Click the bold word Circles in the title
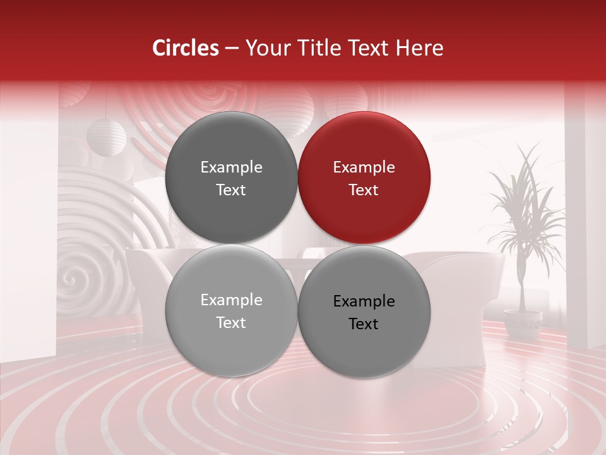tap(186, 48)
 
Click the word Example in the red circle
tap(364, 167)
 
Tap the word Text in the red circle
tap(364, 190)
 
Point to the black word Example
tap(364, 301)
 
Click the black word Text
tap(364, 324)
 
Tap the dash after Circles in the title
tap(232, 48)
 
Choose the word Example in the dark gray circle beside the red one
tap(231, 167)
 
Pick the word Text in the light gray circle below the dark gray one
tap(231, 323)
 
